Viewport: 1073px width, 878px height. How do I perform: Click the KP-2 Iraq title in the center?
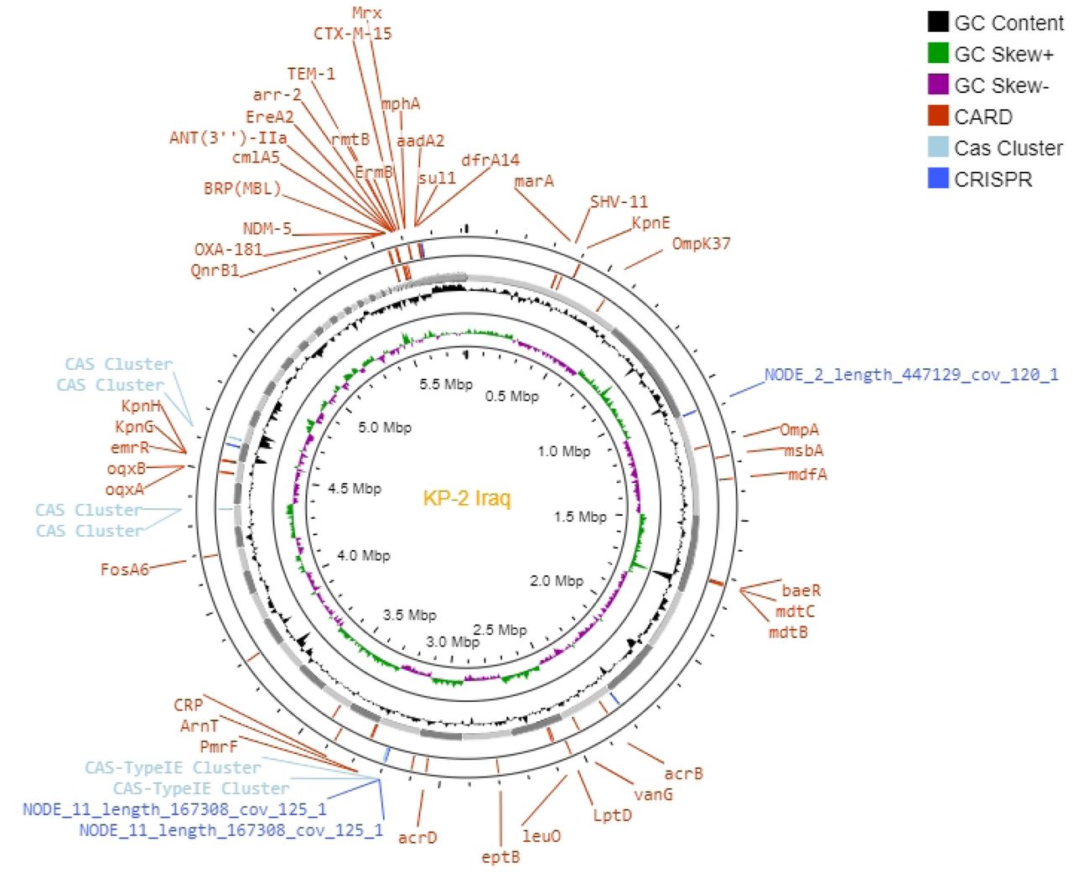(467, 497)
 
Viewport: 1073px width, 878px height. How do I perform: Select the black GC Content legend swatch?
(938, 22)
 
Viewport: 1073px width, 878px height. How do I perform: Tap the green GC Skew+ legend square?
(938, 53)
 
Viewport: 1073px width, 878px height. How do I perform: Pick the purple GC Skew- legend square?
(938, 85)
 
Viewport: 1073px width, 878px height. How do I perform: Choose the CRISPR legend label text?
(993, 179)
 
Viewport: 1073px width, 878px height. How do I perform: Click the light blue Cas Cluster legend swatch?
(938, 147)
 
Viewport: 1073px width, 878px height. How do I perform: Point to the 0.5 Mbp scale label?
(511, 396)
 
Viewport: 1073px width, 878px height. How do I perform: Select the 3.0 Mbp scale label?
(453, 642)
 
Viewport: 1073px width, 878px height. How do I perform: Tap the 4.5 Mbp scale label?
(354, 489)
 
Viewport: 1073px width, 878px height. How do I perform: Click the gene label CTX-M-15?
(353, 34)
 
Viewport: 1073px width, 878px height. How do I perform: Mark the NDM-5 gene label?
(267, 229)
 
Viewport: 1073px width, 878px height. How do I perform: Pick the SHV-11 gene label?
(619, 202)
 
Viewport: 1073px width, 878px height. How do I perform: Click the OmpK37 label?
(701, 243)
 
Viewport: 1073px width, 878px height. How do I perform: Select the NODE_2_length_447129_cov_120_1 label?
(911, 375)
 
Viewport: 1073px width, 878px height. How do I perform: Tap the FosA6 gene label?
(124, 569)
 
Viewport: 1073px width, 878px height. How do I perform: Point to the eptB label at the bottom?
(500, 857)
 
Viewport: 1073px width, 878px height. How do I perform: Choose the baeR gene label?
(801, 590)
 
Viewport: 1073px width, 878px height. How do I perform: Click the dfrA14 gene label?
(490, 160)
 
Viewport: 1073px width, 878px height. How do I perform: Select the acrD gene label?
(417, 837)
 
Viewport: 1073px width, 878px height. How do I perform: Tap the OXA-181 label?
(229, 249)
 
